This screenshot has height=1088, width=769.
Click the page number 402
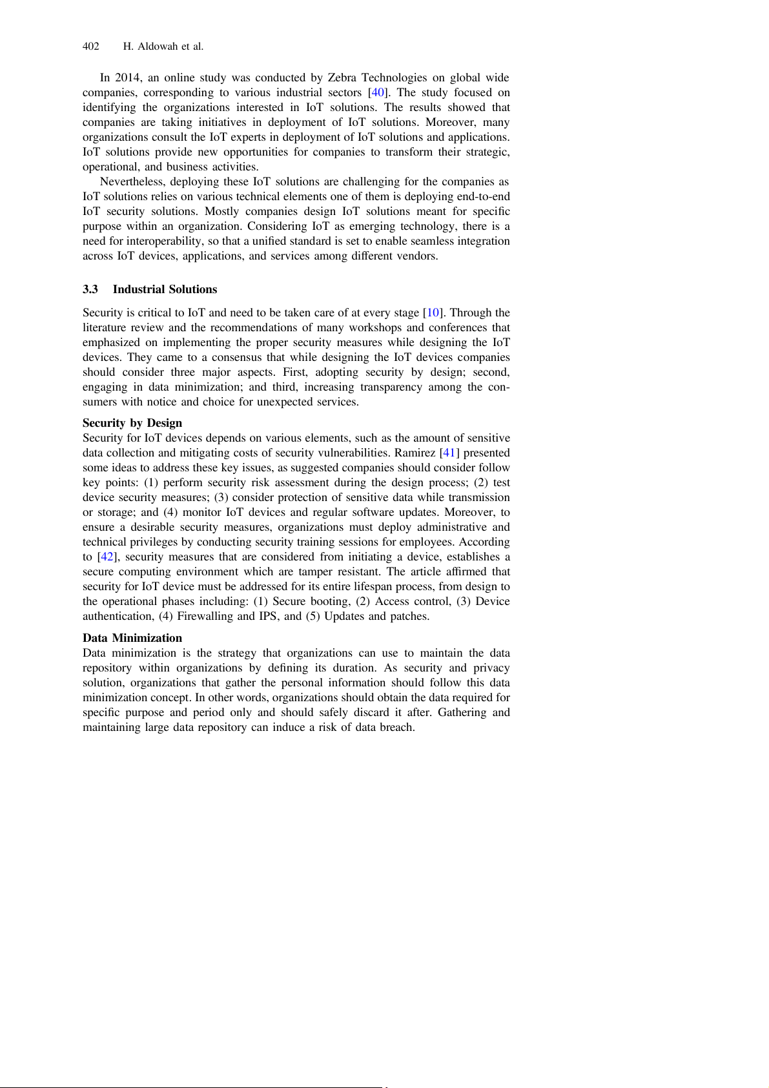91,46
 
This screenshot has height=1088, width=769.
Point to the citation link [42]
106,557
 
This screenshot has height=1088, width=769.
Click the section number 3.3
90,289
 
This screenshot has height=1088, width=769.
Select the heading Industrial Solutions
165,289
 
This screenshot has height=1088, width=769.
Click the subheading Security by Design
132,423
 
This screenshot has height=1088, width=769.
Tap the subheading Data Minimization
132,638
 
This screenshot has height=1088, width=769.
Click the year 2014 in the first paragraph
128,77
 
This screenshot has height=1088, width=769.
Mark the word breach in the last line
395,727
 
